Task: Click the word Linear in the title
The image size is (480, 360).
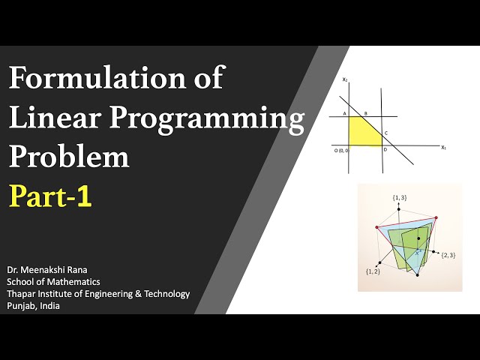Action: (x=55, y=118)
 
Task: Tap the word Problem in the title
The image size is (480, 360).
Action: (x=69, y=157)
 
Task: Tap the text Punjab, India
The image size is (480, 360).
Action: (x=37, y=306)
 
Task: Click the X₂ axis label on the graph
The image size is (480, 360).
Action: (x=344, y=79)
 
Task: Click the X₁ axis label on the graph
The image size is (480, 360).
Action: (x=444, y=148)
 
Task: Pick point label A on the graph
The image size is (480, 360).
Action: (x=344, y=114)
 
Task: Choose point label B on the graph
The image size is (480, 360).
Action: (x=365, y=114)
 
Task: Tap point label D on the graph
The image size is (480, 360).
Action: (x=385, y=150)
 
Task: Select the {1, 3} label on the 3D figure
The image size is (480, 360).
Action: (x=400, y=197)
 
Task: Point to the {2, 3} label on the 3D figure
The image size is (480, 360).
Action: (x=448, y=256)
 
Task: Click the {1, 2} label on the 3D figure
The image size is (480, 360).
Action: (x=373, y=271)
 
